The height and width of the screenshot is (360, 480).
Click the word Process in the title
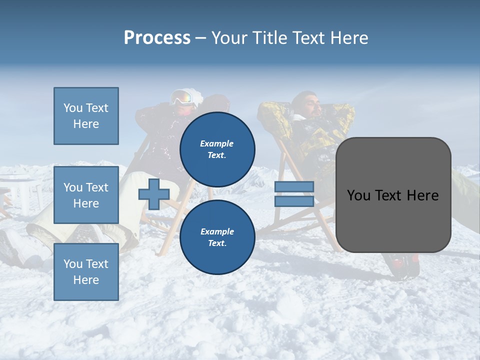(x=157, y=38)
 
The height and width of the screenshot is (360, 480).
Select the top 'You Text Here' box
(x=86, y=116)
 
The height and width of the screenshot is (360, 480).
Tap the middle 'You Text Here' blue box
(x=86, y=195)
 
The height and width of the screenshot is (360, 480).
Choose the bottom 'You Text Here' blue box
(x=86, y=271)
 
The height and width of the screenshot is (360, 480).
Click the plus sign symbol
(x=153, y=194)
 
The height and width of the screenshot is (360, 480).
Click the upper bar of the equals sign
(x=294, y=186)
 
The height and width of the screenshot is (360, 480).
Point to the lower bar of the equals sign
(x=294, y=201)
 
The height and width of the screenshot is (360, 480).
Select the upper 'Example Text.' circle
(x=217, y=149)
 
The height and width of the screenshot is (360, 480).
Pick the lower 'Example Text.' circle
(x=217, y=237)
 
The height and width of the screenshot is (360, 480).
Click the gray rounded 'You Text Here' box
(x=393, y=195)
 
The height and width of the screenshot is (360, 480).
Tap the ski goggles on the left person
(x=183, y=97)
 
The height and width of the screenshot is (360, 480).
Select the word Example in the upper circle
(x=216, y=143)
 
